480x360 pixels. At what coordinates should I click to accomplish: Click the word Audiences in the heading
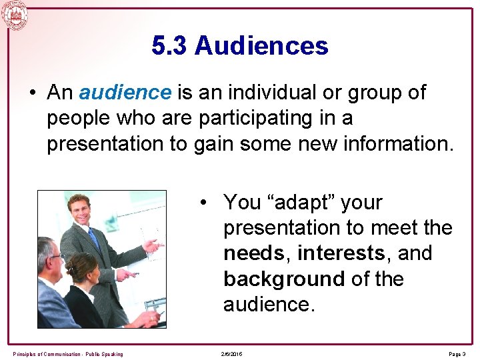click(x=261, y=46)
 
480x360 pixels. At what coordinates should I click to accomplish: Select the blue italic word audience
click(x=125, y=93)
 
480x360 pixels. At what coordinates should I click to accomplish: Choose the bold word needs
click(x=257, y=253)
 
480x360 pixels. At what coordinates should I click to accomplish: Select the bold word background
click(x=284, y=279)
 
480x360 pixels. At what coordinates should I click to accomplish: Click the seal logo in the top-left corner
click(x=15, y=15)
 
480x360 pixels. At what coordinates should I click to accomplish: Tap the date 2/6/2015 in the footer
click(x=232, y=354)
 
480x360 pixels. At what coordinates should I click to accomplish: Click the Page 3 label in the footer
click(x=457, y=354)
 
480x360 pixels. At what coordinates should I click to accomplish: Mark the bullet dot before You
click(x=209, y=202)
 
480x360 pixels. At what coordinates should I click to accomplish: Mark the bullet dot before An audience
click(x=33, y=93)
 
